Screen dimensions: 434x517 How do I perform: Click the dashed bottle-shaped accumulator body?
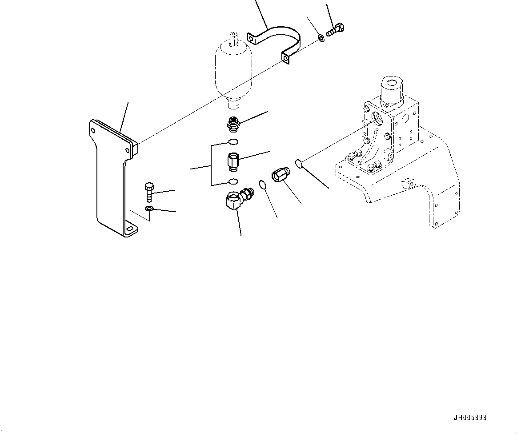233,71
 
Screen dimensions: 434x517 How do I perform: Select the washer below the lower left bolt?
149,209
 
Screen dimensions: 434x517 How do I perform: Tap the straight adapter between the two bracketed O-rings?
233,161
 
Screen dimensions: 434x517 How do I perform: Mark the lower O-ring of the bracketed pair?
233,181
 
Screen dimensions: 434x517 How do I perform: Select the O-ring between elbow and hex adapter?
263,184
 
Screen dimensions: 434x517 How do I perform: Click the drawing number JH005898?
470,418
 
